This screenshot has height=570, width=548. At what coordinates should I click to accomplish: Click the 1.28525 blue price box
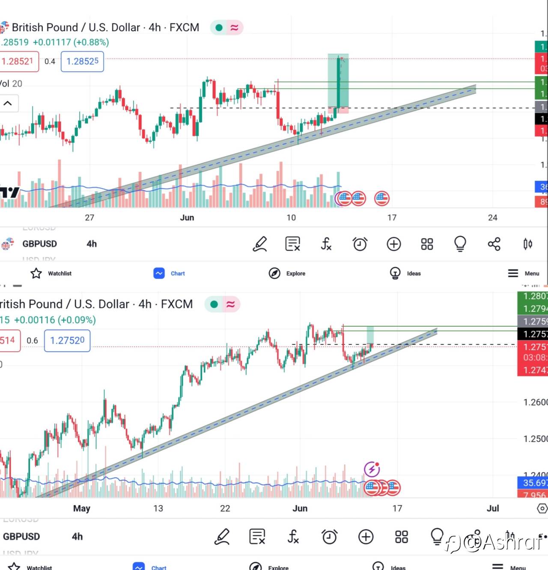click(x=82, y=62)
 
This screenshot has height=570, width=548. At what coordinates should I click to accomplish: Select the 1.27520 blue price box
click(x=67, y=340)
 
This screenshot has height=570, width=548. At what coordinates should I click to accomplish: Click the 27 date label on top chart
click(x=89, y=218)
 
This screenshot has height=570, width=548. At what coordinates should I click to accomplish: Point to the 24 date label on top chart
click(x=493, y=218)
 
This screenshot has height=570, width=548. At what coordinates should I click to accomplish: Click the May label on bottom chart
click(x=82, y=508)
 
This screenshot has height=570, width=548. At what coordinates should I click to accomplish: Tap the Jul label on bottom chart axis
click(x=493, y=508)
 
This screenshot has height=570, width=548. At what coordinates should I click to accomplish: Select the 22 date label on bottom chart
click(x=225, y=508)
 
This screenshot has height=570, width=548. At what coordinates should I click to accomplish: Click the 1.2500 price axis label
click(x=535, y=439)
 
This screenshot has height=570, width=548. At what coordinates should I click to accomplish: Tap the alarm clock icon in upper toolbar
click(x=360, y=244)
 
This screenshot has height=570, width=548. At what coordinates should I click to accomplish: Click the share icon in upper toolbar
click(x=494, y=244)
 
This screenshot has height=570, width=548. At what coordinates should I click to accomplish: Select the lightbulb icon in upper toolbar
click(x=460, y=244)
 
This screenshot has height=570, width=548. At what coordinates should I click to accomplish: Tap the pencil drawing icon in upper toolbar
click(x=260, y=244)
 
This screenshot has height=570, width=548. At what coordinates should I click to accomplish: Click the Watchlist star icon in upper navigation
click(x=36, y=273)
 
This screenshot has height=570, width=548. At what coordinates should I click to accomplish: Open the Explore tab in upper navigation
click(x=287, y=273)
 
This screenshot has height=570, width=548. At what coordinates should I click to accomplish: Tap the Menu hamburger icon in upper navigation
click(x=513, y=273)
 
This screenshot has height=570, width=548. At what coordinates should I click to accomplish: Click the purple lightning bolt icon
click(x=372, y=469)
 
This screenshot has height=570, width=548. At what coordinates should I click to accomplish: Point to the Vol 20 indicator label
click(x=11, y=84)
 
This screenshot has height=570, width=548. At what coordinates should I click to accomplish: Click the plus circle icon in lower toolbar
click(x=366, y=537)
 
